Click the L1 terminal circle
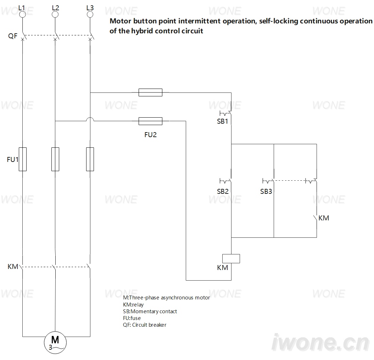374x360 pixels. click(x=22, y=14)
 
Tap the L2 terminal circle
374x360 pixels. click(x=55, y=14)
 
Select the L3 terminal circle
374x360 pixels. click(x=90, y=14)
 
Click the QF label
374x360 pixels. click(x=13, y=36)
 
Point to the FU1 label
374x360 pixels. click(x=12, y=159)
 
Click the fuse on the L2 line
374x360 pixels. click(x=55, y=159)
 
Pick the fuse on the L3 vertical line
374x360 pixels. click(x=90, y=159)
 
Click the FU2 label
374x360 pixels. click(x=151, y=135)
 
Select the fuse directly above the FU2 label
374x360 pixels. click(x=151, y=121)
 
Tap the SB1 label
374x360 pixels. click(x=223, y=121)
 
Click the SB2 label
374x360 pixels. click(x=223, y=191)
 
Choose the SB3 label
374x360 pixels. click(x=266, y=191)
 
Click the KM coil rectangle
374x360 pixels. click(x=231, y=259)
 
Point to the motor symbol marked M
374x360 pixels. click(x=55, y=342)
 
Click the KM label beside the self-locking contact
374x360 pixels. click(x=324, y=218)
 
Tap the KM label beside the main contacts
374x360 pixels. click(x=13, y=266)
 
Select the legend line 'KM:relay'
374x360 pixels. click(x=133, y=305)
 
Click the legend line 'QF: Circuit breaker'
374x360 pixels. click(x=145, y=325)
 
